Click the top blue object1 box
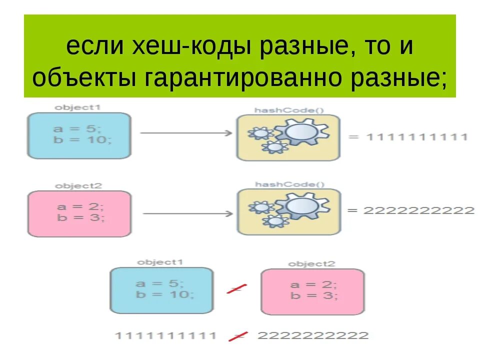[x=79, y=135]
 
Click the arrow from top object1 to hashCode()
[x=185, y=133]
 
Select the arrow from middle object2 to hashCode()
[x=187, y=213]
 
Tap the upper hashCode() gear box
[x=288, y=137]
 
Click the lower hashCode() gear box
[x=288, y=211]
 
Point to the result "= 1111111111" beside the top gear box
[x=408, y=136]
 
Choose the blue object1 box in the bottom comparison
[x=161, y=290]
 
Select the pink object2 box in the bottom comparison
[x=312, y=291]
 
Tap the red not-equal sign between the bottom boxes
[x=237, y=288]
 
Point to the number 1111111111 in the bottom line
[x=166, y=335]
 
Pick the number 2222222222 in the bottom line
[x=312, y=335]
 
